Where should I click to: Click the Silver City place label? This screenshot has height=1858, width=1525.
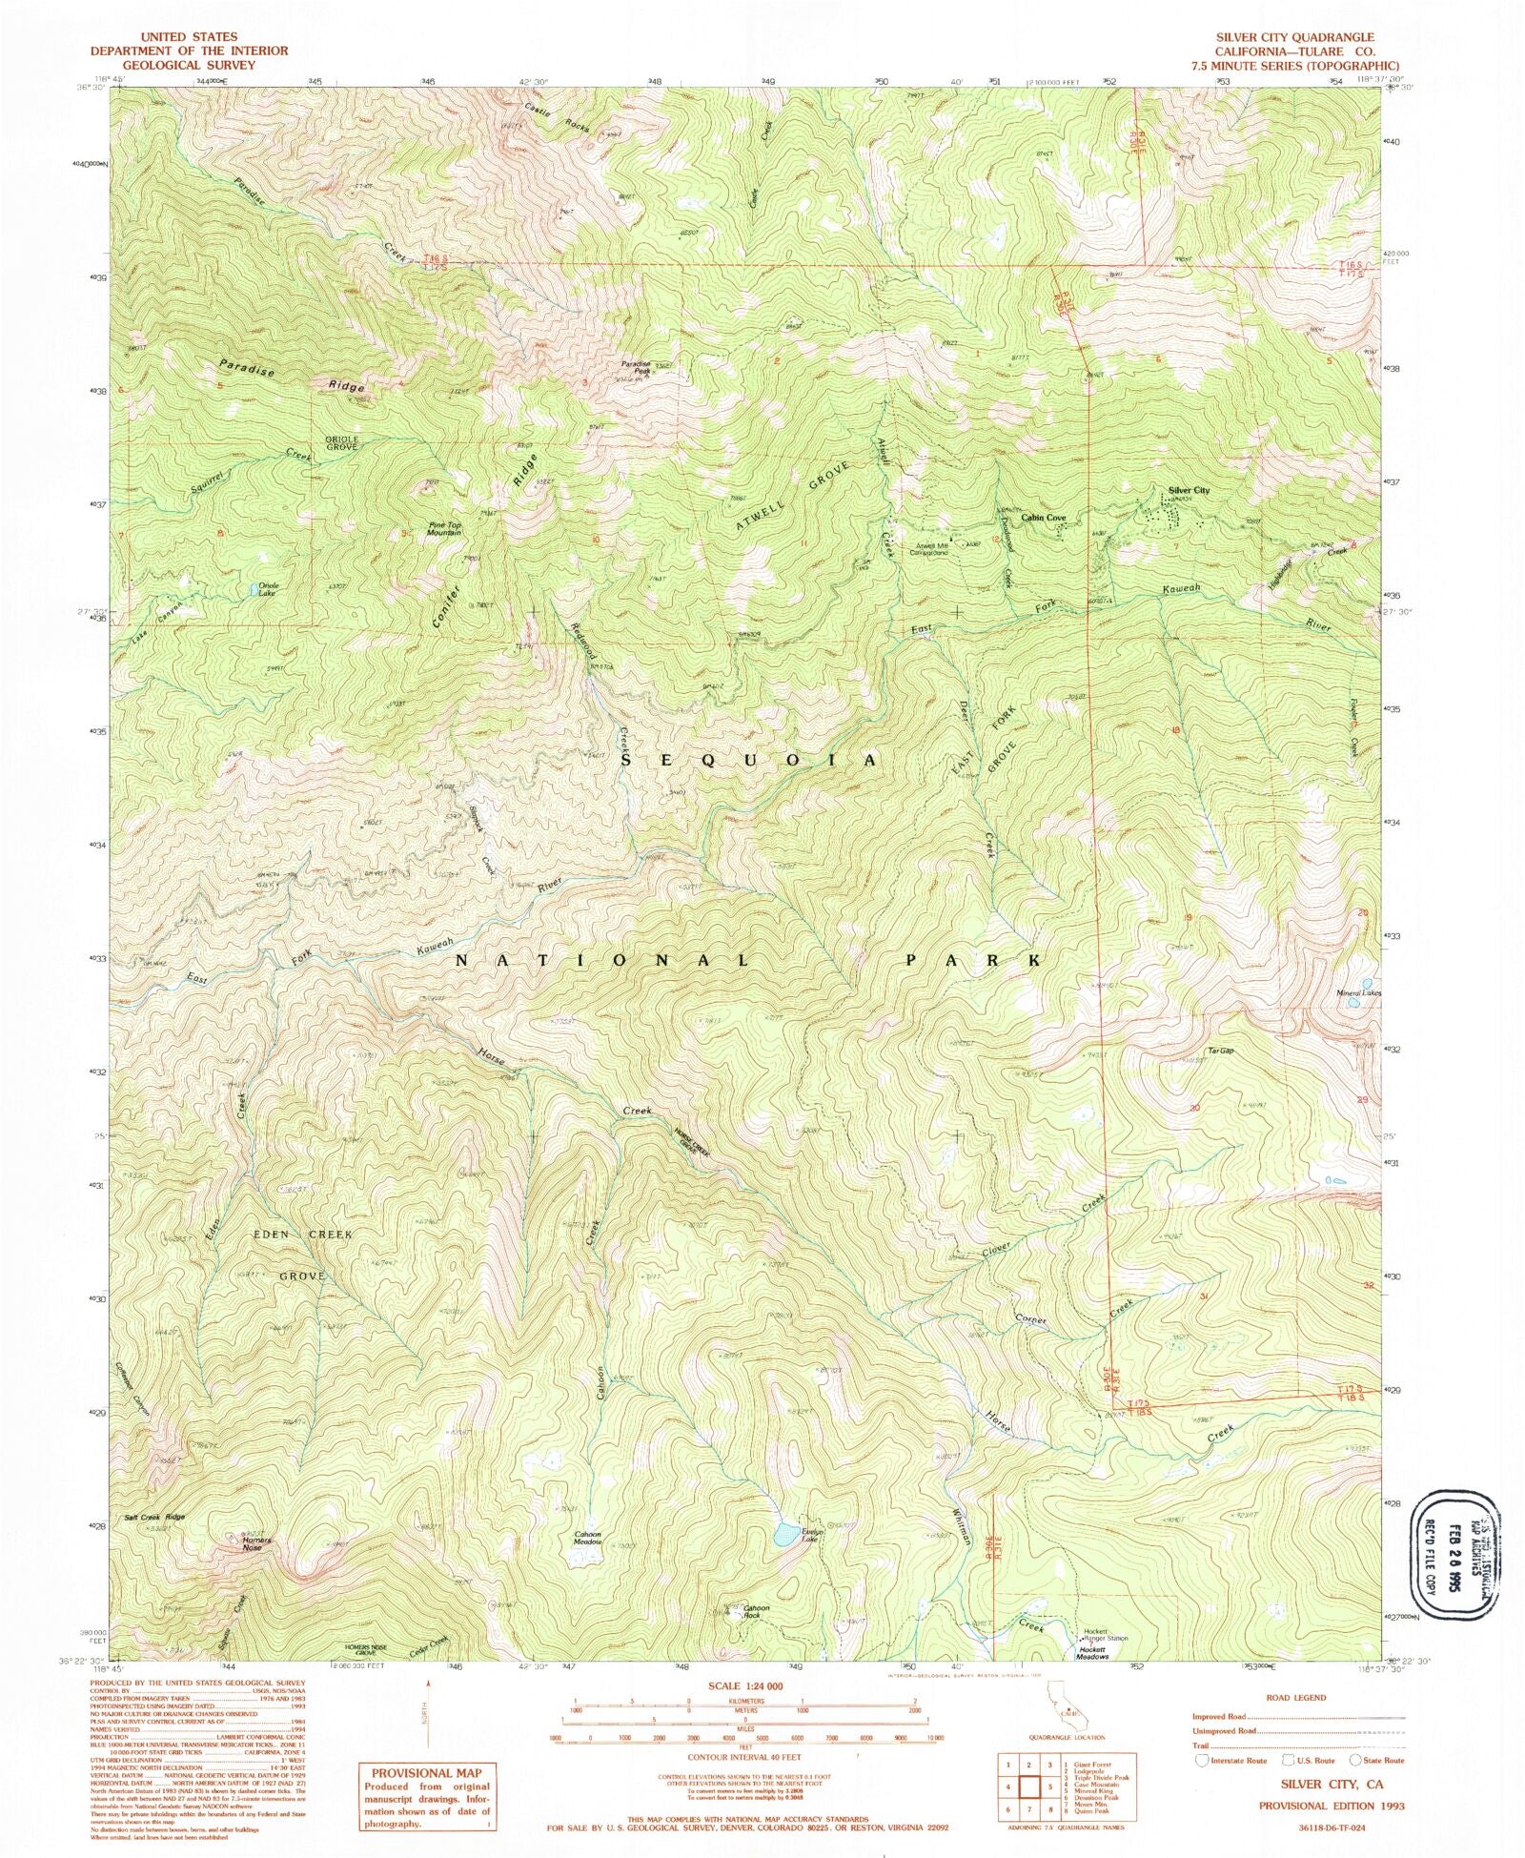pyautogui.click(x=1188, y=490)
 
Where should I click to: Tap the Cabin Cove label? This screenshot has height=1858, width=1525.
pyautogui.click(x=1045, y=518)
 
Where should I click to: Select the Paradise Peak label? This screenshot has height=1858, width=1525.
pyautogui.click(x=636, y=364)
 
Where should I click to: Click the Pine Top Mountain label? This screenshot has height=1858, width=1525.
pyautogui.click(x=444, y=528)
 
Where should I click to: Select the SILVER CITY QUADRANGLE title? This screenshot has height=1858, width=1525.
pyautogui.click(x=1293, y=37)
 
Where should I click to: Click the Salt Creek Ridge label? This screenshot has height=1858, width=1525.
pyautogui.click(x=154, y=1516)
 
